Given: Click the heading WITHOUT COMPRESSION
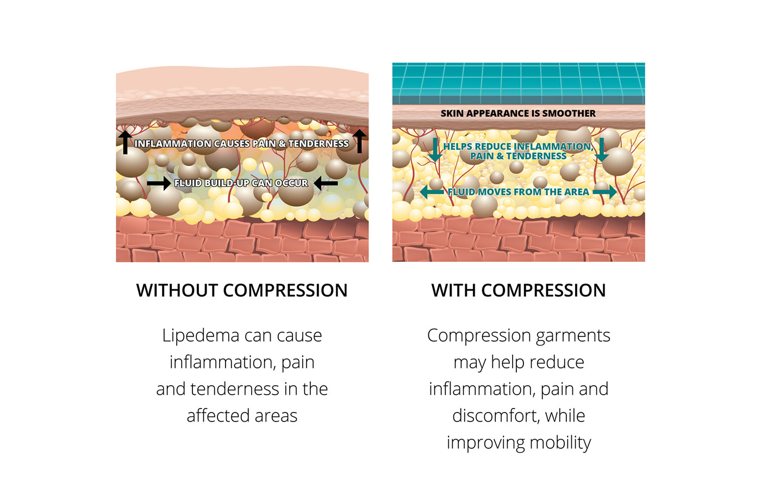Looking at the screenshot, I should [242, 290].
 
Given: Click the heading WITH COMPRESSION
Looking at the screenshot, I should [519, 290].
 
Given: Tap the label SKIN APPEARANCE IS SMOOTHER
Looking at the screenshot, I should [518, 113].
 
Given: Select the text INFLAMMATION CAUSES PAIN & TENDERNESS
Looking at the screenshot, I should [242, 143].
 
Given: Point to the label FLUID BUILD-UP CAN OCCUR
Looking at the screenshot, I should [241, 183].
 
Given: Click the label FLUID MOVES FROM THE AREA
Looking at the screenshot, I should [518, 192].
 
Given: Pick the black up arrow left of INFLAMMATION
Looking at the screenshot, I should [125, 141].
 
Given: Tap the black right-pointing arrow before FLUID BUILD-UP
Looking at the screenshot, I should [158, 184].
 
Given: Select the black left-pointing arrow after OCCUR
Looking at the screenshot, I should [326, 184].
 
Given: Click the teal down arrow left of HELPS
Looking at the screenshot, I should [435, 149].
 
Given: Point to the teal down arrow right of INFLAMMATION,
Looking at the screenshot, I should [601, 149].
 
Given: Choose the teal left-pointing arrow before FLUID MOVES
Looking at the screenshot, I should [432, 192].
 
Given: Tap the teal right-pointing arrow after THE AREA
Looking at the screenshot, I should [604, 192].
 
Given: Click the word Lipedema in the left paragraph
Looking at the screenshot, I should [201, 335].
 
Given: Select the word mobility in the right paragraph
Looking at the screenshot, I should [560, 442].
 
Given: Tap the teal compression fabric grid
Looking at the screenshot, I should [519, 81].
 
